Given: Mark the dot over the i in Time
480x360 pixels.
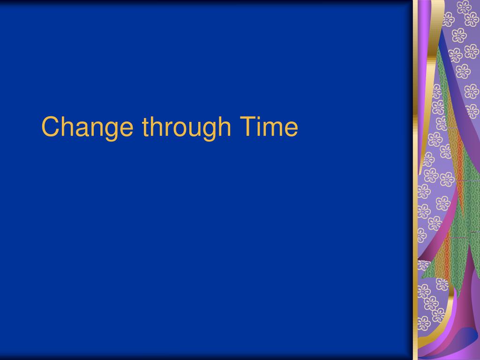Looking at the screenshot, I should click(x=259, y=118).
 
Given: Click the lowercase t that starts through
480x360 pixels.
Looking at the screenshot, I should click(x=146, y=127).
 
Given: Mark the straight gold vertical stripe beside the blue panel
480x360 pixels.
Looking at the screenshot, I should click(x=415, y=187).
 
